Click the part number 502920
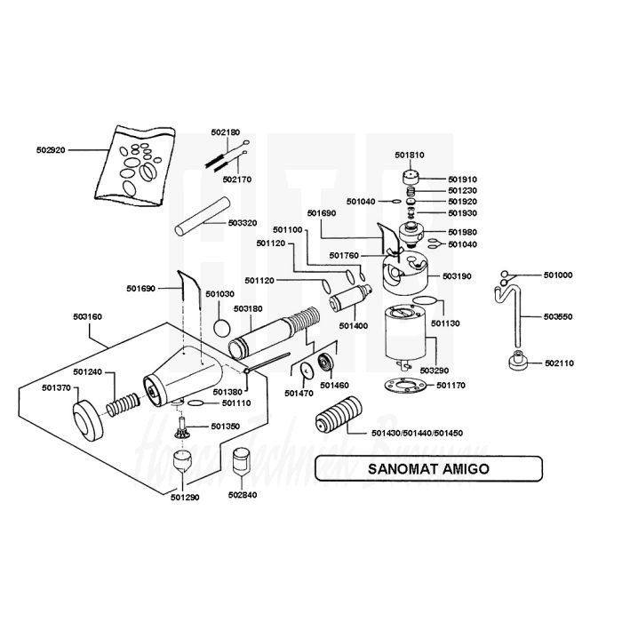[x=52, y=151]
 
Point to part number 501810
[x=409, y=155]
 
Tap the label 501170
[x=452, y=385]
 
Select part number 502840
[x=243, y=495]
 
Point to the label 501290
[x=186, y=497]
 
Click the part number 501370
[x=56, y=388]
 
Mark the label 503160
[x=87, y=316]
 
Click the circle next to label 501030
[x=222, y=326]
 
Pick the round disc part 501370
[x=89, y=422]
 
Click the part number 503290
[x=433, y=369]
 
